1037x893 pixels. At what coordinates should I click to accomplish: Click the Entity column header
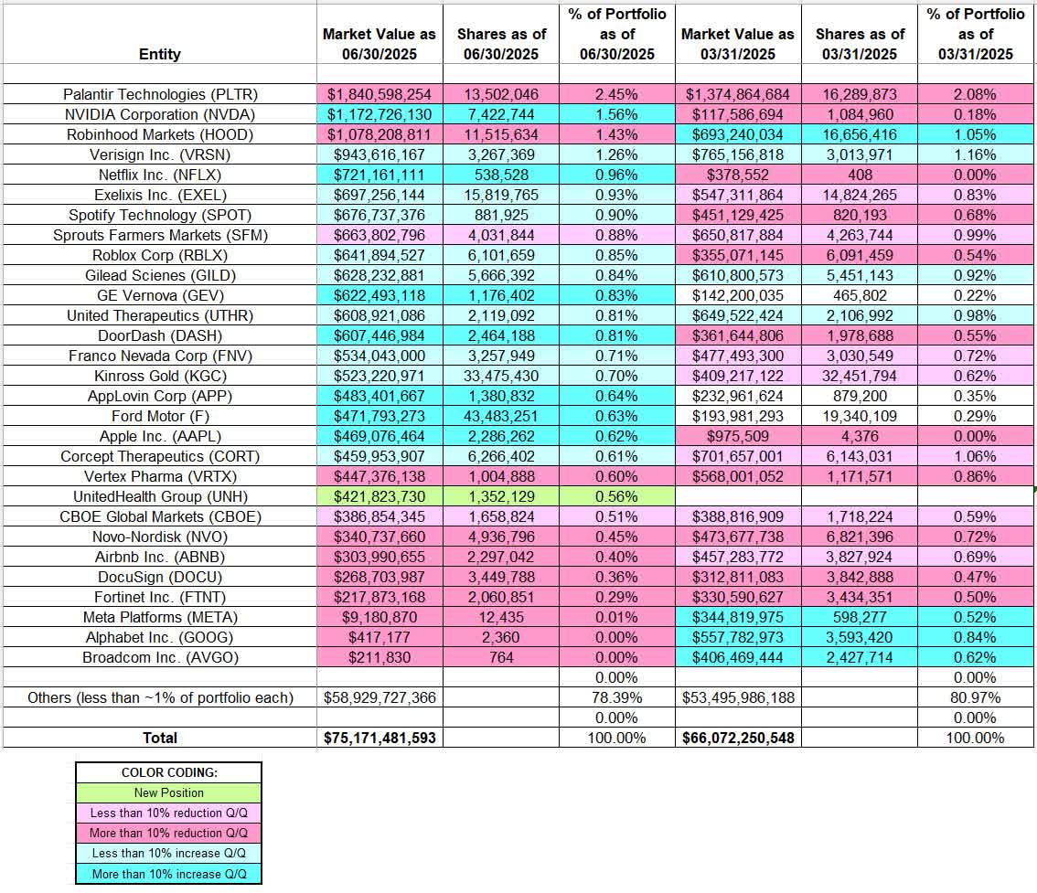click(x=159, y=54)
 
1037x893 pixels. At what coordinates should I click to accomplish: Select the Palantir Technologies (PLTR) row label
click(x=160, y=94)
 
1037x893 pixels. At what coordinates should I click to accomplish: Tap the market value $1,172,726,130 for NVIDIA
click(x=380, y=114)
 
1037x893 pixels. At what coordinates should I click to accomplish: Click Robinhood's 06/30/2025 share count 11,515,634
click(x=500, y=134)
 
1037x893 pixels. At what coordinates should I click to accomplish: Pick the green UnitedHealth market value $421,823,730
click(x=380, y=496)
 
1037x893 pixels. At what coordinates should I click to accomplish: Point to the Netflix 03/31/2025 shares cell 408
click(x=860, y=175)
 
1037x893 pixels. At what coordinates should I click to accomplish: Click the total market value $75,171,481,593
click(x=380, y=738)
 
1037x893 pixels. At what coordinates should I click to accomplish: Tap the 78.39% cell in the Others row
click(x=618, y=697)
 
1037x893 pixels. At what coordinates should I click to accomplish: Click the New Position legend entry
click(x=168, y=792)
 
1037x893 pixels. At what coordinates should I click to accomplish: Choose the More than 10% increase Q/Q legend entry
click(x=168, y=874)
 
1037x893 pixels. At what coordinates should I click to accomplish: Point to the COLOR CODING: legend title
click(x=168, y=772)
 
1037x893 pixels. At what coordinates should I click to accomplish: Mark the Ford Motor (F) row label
click(x=160, y=416)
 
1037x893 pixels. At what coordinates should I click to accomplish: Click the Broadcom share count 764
click(x=500, y=657)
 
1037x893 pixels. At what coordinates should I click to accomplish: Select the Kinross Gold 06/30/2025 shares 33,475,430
click(x=500, y=376)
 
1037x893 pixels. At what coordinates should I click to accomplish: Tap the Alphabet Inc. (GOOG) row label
click(x=160, y=637)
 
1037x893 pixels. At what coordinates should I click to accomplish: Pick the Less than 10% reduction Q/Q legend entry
click(x=168, y=813)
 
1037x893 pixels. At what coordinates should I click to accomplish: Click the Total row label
click(x=159, y=738)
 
